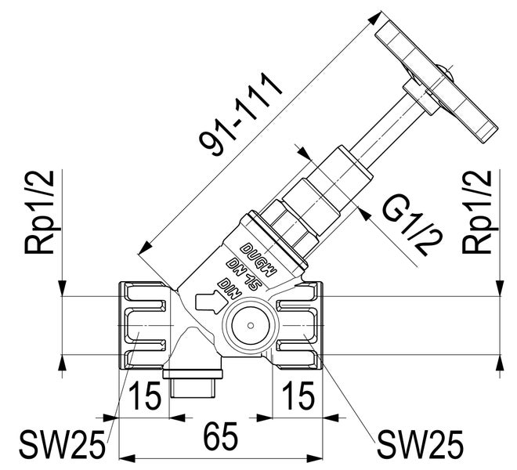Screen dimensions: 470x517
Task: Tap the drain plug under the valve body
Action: [193, 384]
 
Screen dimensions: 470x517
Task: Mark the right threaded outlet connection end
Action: [298, 322]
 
